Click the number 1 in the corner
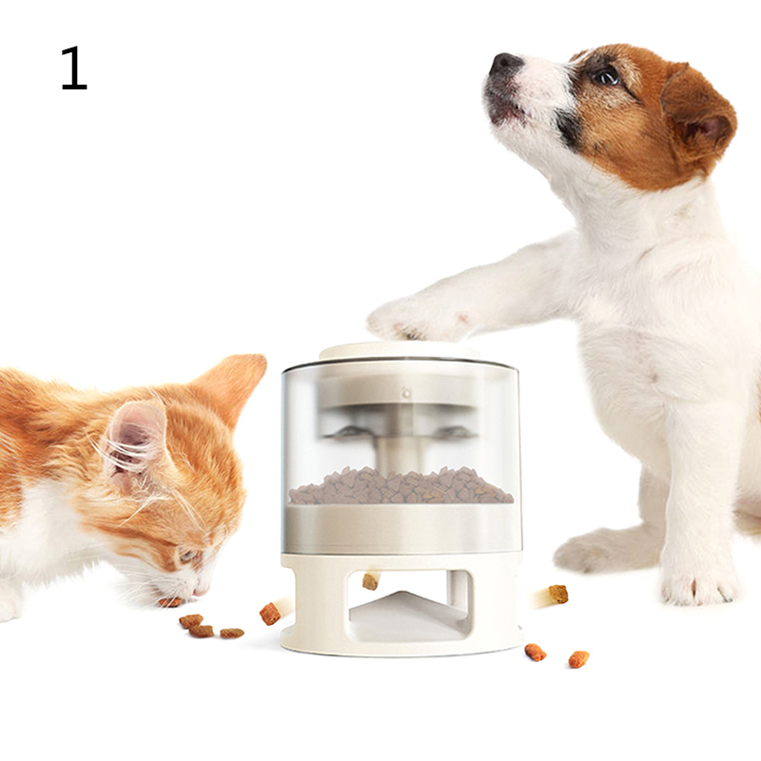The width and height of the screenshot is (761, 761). [x=74, y=68]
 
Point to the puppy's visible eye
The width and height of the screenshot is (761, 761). [x=606, y=76]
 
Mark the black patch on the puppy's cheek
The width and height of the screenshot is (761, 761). [x=569, y=128]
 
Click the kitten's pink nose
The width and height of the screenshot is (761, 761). [x=200, y=592]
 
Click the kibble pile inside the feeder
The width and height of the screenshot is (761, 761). [x=400, y=485]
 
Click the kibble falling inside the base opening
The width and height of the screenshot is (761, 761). [x=370, y=581]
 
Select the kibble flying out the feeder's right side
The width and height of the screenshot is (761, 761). [x=558, y=594]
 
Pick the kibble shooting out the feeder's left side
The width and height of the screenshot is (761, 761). [x=270, y=614]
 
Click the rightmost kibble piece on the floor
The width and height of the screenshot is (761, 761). [x=578, y=659]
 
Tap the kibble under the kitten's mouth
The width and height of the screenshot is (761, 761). [x=170, y=602]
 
